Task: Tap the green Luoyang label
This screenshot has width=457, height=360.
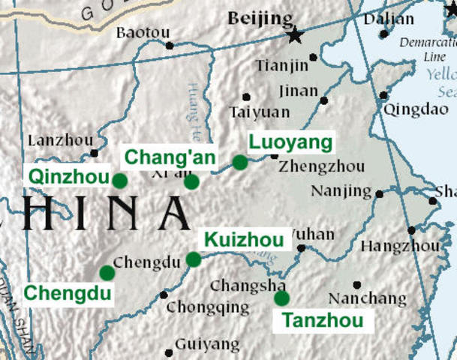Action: [290, 142]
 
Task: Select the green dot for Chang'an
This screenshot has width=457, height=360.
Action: [191, 181]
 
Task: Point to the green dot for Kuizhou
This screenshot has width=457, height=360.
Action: [194, 259]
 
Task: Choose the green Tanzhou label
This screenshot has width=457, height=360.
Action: [323, 321]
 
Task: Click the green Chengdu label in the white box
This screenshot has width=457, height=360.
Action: [66, 292]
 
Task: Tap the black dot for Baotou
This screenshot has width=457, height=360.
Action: [170, 45]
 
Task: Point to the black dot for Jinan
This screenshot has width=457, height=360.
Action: [324, 100]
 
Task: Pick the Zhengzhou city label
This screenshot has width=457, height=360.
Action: [321, 166]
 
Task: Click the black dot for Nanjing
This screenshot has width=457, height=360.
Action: [379, 193]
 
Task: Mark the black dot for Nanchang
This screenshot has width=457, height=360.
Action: [356, 285]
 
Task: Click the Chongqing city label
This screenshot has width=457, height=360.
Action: [208, 307]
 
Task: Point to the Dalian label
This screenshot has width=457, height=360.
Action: [388, 19]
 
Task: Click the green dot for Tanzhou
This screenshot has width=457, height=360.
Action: [281, 298]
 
